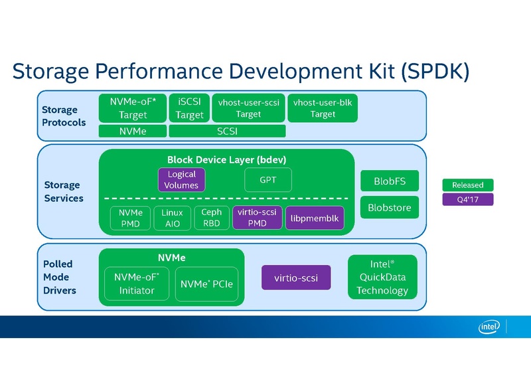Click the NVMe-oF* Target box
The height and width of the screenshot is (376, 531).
133,108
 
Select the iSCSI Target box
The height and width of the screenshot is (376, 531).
189,108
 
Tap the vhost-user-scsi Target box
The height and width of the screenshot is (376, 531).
248,108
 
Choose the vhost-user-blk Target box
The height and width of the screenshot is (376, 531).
323,108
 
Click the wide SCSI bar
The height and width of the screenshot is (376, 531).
227,132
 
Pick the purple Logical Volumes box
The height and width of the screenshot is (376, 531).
181,180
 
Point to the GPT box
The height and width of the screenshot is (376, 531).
268,180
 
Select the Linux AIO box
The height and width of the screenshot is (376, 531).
172,218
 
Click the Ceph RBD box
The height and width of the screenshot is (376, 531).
212,218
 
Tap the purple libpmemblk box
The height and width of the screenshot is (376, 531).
315,218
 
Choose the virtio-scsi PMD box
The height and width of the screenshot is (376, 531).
257,218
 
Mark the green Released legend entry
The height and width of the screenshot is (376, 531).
468,185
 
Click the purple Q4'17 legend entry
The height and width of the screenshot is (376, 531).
468,199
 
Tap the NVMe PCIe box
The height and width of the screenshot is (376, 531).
206,284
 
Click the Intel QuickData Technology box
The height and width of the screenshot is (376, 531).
383,277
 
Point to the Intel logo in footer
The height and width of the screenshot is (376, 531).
489,326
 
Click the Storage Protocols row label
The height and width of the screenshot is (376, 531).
64,116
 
